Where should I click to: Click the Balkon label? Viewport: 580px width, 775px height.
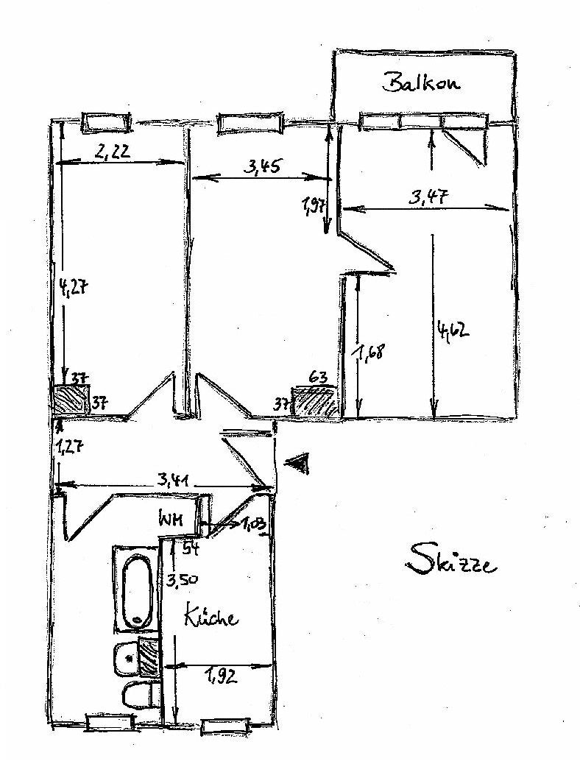[421, 82]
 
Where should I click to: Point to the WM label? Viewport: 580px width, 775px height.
[172, 517]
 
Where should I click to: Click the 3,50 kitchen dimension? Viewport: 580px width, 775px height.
[180, 578]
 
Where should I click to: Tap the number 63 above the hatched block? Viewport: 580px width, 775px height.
[318, 378]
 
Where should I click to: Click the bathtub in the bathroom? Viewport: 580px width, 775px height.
[136, 588]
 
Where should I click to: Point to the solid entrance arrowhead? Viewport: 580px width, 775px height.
[297, 463]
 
